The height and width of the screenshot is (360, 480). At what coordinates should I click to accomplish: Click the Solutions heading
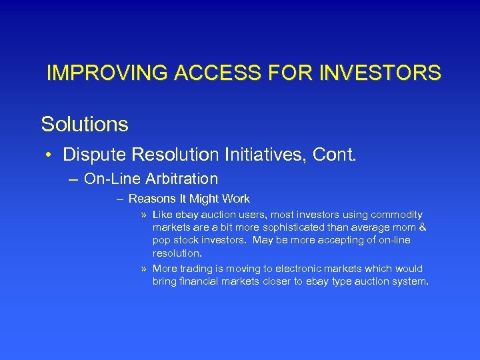pos(85,124)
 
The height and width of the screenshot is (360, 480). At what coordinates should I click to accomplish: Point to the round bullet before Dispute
pos(49,156)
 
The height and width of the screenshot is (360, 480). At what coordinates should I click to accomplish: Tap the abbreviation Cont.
pos(337,155)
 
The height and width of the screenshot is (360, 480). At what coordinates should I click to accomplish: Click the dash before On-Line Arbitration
pos(73,179)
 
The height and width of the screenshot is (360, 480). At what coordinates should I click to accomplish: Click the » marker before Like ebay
pos(144,215)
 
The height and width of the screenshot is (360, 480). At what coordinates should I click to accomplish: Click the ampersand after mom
pos(423,228)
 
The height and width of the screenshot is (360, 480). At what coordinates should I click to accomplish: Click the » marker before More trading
pos(144,269)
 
